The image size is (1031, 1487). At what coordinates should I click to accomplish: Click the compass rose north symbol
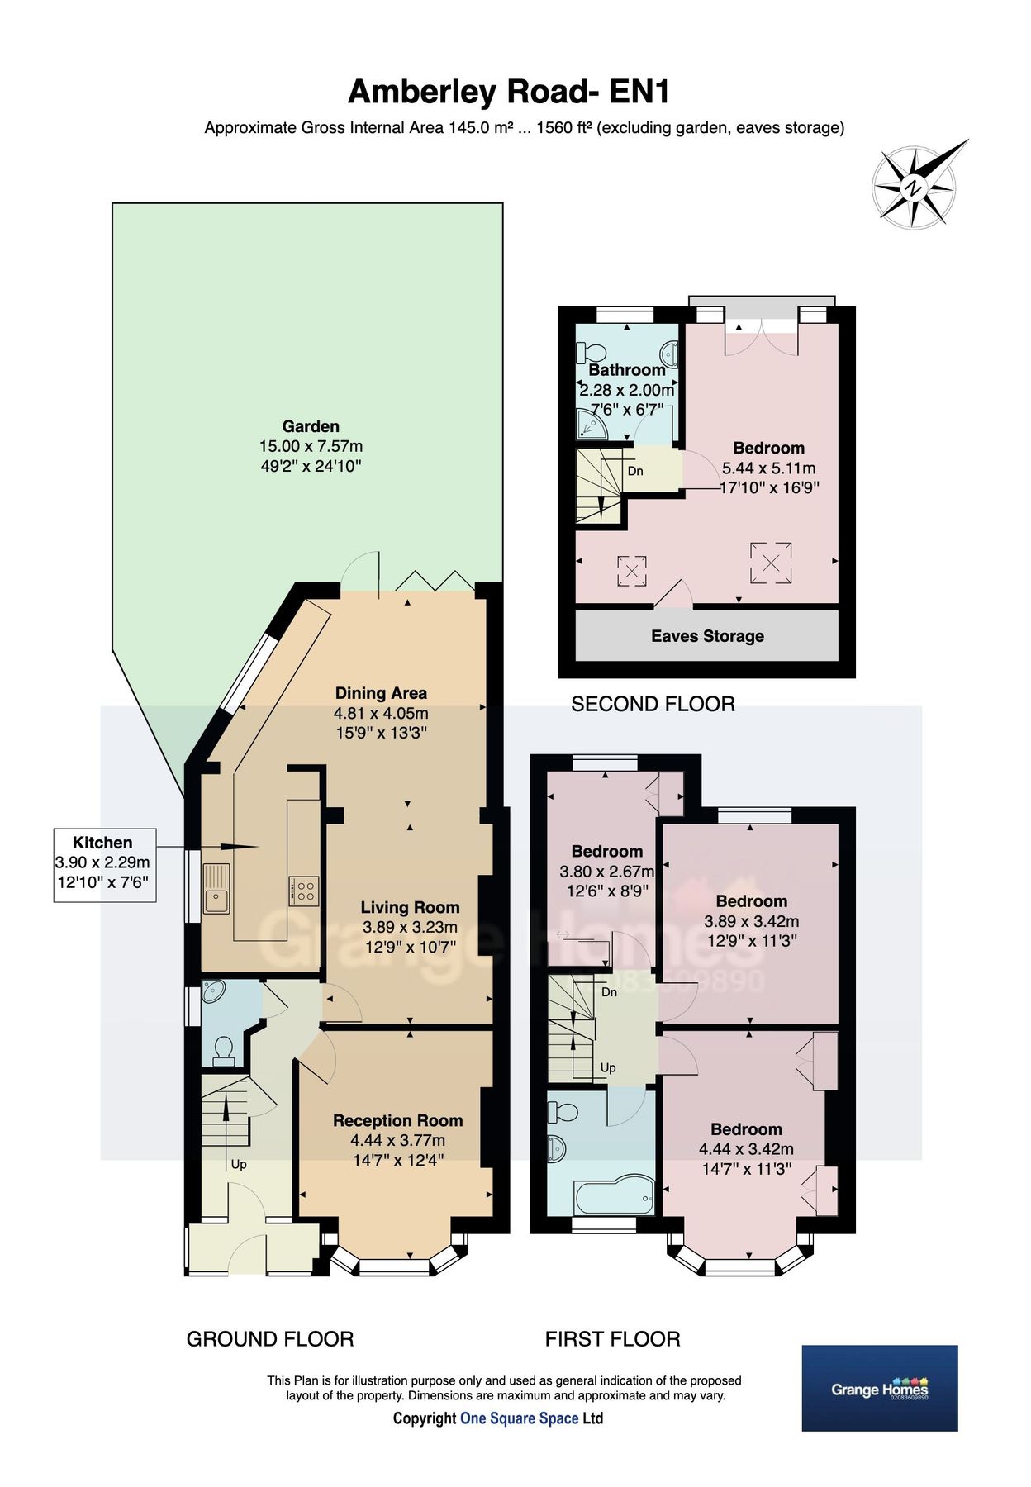[x=914, y=187]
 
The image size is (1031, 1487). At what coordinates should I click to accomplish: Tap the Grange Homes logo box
[x=880, y=1388]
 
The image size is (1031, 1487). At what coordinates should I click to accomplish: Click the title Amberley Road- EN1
[x=509, y=92]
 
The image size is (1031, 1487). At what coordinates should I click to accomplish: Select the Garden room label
[x=311, y=426]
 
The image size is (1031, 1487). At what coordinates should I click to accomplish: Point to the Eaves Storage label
[x=707, y=636]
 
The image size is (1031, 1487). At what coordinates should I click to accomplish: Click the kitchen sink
[x=216, y=888]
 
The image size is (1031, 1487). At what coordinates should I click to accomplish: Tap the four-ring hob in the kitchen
[x=304, y=889]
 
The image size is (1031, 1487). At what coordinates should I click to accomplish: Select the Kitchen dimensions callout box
[x=105, y=864]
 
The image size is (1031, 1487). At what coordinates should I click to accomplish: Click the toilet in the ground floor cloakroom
[x=223, y=1049]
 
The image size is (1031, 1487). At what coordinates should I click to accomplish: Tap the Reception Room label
[x=397, y=1120]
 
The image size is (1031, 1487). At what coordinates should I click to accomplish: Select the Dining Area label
[x=381, y=693]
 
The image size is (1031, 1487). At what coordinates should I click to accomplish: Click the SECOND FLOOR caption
[x=653, y=704]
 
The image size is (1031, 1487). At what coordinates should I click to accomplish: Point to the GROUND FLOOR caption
[x=270, y=1339]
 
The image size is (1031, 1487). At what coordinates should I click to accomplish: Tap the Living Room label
[x=410, y=907]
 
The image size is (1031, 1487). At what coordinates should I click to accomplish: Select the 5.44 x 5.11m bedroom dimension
[x=768, y=468]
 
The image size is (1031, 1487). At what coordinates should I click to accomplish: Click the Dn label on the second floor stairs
[x=635, y=472]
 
